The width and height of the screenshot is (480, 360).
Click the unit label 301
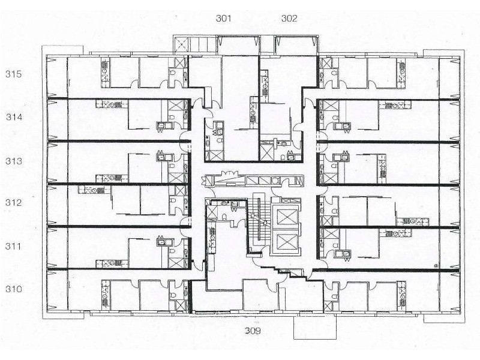(x=224, y=18)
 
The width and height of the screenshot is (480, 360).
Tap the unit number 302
(x=289, y=18)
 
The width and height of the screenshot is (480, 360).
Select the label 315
(x=14, y=74)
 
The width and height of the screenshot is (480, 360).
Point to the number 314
(x=14, y=117)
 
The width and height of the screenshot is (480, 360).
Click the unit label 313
(x=14, y=161)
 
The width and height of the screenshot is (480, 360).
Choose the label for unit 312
(x=14, y=203)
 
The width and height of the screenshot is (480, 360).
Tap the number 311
(x=14, y=246)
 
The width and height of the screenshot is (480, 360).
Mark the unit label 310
(x=14, y=289)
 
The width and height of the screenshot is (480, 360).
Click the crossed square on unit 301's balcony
(x=180, y=44)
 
